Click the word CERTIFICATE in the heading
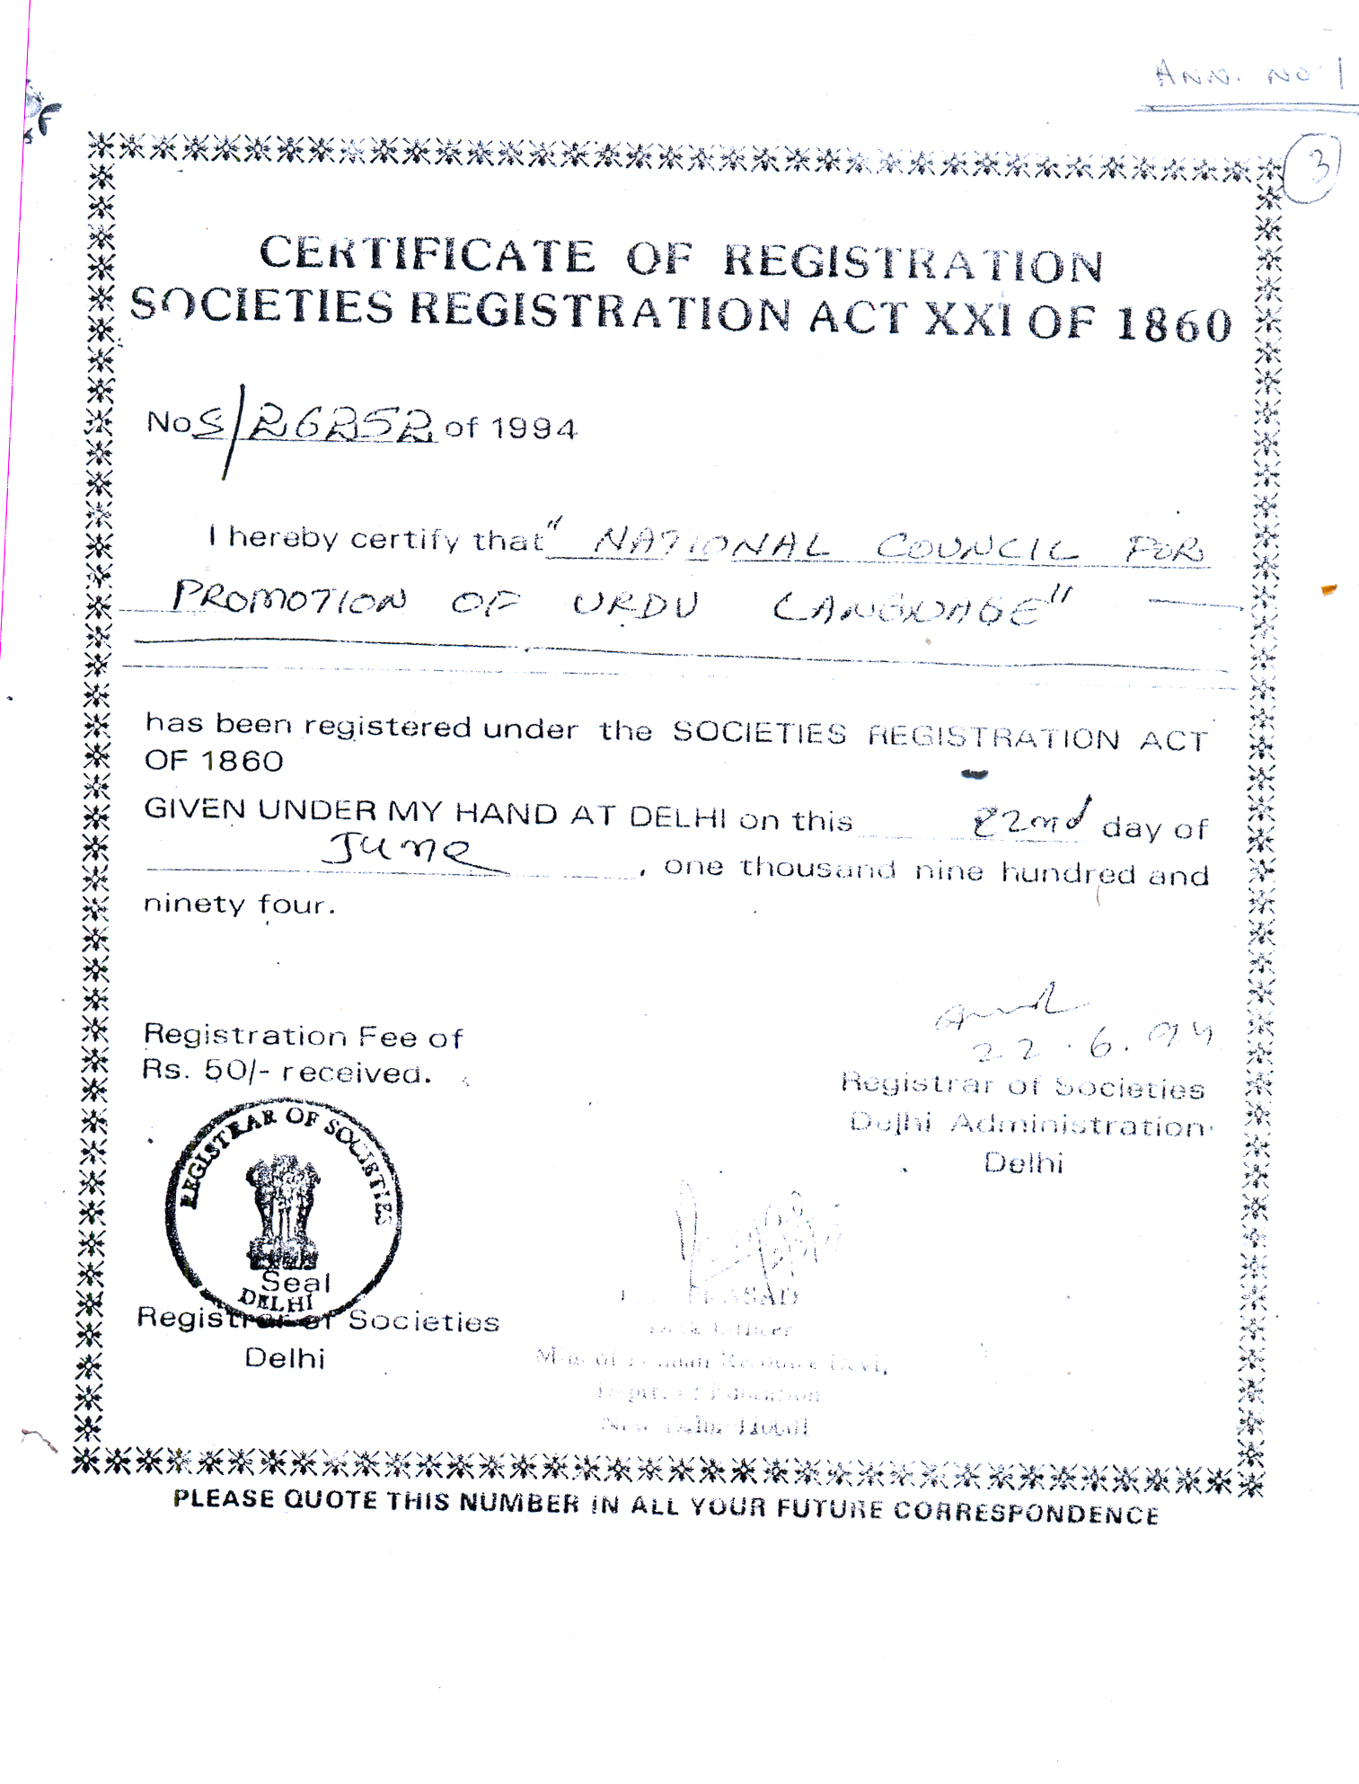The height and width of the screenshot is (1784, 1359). point(427,254)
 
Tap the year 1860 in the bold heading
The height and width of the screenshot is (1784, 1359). point(1174,324)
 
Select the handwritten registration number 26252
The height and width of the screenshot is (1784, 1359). point(341,422)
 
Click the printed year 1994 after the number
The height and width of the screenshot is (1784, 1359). point(534,428)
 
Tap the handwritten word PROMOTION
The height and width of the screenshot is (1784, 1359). point(289,599)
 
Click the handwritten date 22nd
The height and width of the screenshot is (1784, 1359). point(1031,820)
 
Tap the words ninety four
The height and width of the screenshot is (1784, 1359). point(239,904)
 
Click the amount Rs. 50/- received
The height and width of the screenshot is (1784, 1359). point(287,1072)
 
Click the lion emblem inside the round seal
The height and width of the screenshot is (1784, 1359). point(284,1209)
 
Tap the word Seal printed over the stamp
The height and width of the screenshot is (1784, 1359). point(296,1282)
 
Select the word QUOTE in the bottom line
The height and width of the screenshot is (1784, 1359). point(330,1499)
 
